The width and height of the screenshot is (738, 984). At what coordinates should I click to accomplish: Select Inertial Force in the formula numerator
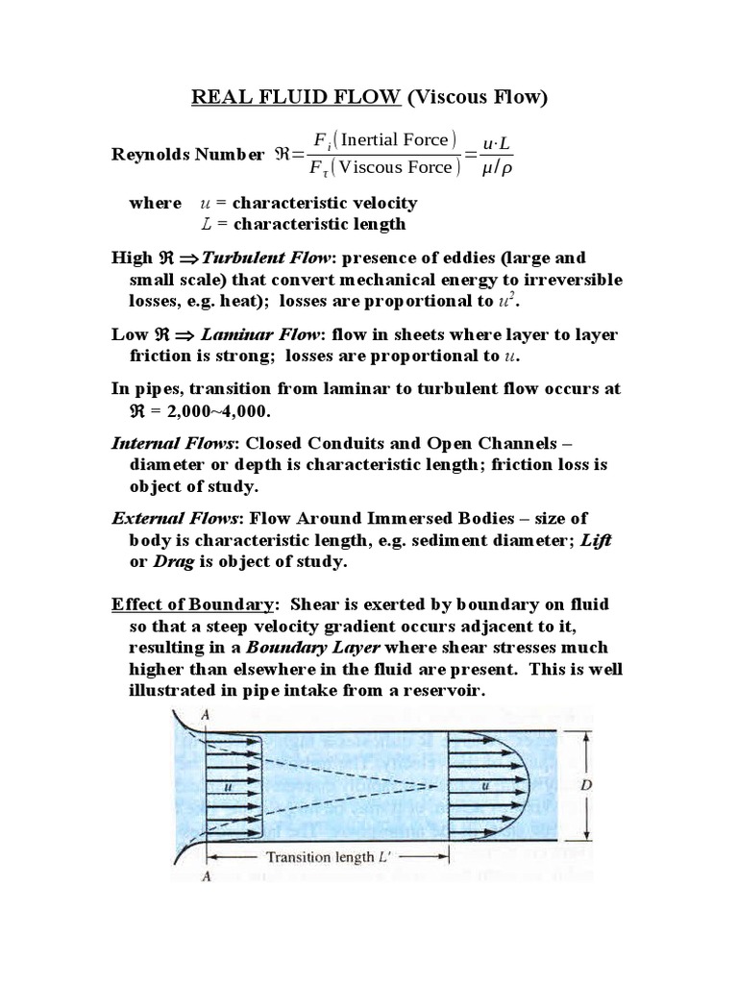coord(399,140)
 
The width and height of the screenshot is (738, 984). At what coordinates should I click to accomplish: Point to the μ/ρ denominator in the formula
coord(497,168)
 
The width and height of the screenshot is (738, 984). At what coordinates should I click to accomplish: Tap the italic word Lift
coord(596,540)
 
